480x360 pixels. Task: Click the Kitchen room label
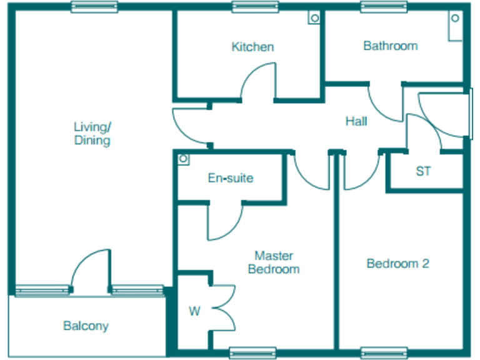(x=252, y=47)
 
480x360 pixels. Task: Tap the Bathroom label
(x=390, y=46)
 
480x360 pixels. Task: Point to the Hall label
(x=356, y=121)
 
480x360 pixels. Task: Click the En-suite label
(x=231, y=178)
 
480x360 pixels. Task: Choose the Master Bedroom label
(x=274, y=262)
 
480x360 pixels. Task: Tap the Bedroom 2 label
(x=397, y=263)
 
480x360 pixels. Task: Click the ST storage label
(x=423, y=171)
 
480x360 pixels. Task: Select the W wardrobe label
(x=194, y=311)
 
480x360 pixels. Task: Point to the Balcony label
(x=86, y=326)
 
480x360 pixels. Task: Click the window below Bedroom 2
(x=379, y=352)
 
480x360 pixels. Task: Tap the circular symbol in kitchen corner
(x=314, y=17)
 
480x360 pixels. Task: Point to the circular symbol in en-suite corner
(x=183, y=159)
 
